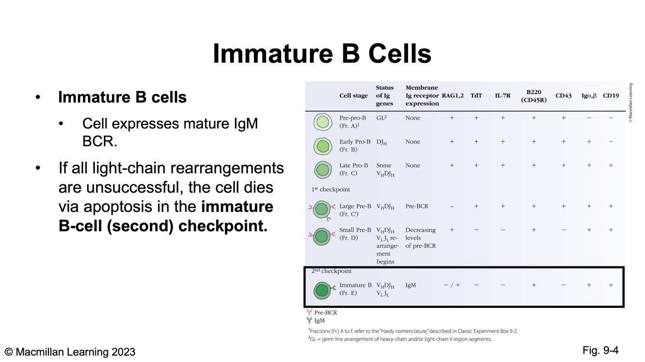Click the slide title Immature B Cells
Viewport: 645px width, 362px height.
point(322,54)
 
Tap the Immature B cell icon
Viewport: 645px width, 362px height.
point(322,290)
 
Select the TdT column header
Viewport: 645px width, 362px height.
point(476,96)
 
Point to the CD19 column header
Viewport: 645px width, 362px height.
point(611,96)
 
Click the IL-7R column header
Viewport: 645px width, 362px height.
point(502,96)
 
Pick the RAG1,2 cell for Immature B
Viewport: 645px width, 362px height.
point(452,285)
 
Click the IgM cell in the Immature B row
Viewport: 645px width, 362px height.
point(410,285)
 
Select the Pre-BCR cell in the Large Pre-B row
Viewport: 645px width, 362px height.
point(416,206)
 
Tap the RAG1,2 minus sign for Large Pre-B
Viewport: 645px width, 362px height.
point(452,206)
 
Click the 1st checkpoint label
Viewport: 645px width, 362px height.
point(331,189)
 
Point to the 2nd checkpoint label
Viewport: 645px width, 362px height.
point(331,271)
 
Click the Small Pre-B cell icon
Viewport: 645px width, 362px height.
point(322,237)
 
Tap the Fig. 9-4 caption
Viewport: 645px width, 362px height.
point(601,350)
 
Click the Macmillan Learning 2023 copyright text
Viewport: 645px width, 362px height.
point(70,352)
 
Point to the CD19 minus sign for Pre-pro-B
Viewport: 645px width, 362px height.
point(611,118)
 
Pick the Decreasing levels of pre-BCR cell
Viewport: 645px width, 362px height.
point(420,237)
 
